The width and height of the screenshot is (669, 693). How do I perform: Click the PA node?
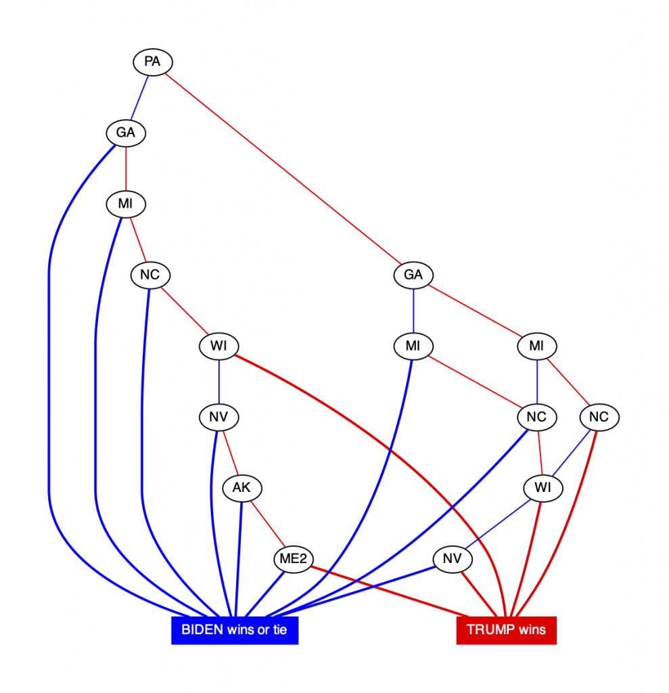152,62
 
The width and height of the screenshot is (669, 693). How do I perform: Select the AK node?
241,487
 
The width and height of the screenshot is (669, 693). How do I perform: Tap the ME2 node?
293,559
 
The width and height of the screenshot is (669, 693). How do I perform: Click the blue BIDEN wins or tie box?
234,630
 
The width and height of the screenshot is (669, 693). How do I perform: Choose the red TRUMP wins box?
506,630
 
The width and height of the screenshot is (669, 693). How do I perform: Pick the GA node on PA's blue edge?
126,133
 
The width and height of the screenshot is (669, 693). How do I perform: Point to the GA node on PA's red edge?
413,275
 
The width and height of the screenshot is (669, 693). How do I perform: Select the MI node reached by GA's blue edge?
413,346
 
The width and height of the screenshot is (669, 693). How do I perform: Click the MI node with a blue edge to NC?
536,346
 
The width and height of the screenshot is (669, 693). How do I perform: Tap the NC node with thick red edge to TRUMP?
599,418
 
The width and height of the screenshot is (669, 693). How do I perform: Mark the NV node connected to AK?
218,418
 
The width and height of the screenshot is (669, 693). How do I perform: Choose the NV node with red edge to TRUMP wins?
452,559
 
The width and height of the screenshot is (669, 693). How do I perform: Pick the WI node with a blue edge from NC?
543,487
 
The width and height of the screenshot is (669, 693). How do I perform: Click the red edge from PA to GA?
284,170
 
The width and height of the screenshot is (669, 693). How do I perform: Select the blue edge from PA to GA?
139,97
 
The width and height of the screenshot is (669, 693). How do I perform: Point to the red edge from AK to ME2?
267,522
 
